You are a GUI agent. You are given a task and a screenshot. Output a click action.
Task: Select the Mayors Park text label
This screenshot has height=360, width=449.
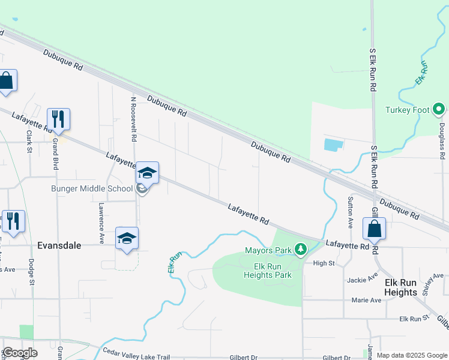pyautogui.click(x=268, y=250)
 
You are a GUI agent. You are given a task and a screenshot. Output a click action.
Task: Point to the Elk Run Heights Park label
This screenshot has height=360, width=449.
pyautogui.click(x=268, y=271)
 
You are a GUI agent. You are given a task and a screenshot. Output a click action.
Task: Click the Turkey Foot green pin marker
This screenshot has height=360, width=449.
pyautogui.click(x=439, y=110)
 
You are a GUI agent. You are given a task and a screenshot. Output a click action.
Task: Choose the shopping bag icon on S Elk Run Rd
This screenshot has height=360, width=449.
pyautogui.click(x=374, y=229)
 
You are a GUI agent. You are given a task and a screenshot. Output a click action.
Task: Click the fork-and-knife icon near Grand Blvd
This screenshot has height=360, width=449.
pyautogui.click(x=59, y=119)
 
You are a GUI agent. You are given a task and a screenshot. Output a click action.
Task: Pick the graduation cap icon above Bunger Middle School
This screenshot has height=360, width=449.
pyautogui.click(x=147, y=173)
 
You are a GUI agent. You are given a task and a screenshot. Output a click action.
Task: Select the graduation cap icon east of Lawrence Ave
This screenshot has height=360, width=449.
pyautogui.click(x=127, y=238)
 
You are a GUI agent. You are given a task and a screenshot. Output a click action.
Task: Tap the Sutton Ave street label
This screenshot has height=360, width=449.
pyautogui.click(x=351, y=212)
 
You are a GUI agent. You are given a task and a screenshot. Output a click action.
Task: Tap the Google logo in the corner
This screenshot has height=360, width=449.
pyautogui.click(x=20, y=353)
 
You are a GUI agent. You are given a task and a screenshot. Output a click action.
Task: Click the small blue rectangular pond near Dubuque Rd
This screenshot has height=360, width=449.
pyautogui.click(x=334, y=145)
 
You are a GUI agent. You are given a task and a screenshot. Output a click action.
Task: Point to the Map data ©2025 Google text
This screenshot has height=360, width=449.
pyautogui.click(x=412, y=355)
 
